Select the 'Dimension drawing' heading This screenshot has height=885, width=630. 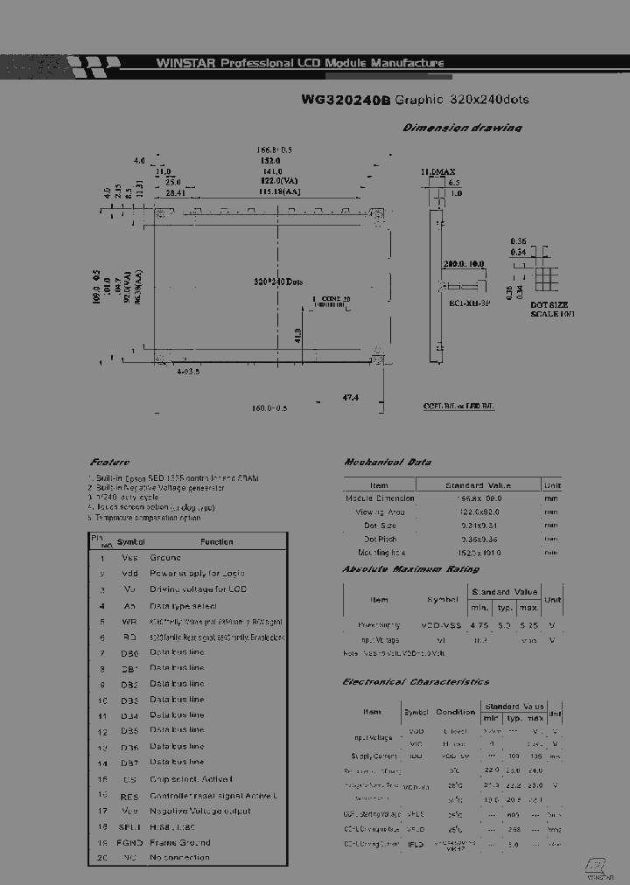(x=462, y=128)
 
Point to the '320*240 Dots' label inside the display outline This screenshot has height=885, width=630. (x=278, y=282)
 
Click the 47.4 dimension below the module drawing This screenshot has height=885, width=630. (x=350, y=397)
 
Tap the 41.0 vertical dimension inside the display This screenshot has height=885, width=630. (x=297, y=335)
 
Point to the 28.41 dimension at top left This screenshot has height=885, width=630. (x=175, y=192)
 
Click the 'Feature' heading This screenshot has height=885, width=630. (x=109, y=462)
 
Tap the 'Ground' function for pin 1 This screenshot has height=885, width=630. (x=165, y=557)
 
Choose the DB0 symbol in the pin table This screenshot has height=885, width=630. (x=129, y=652)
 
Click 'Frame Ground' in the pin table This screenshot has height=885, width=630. (x=180, y=842)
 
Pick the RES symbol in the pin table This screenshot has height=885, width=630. (x=129, y=795)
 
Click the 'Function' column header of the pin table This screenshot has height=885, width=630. (x=217, y=541)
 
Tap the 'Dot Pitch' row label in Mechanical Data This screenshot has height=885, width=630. (x=379, y=539)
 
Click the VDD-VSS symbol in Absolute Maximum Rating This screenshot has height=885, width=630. (x=442, y=625)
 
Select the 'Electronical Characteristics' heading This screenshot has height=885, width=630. (x=416, y=681)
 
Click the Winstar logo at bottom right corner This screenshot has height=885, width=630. (x=599, y=867)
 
